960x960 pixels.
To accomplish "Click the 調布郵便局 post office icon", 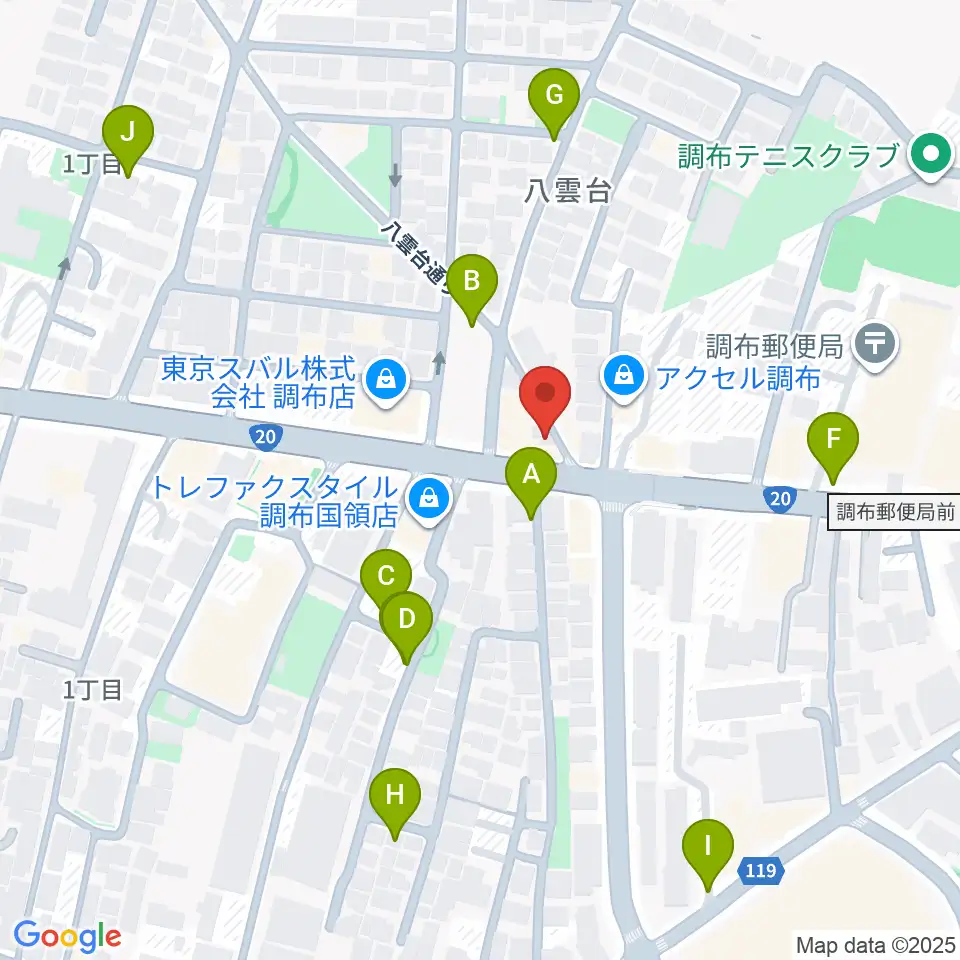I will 877,344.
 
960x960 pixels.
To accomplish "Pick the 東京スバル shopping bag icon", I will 383,379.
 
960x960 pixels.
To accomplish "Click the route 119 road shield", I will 759,873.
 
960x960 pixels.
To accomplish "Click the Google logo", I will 67,936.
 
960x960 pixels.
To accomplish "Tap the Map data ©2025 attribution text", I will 875,944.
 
